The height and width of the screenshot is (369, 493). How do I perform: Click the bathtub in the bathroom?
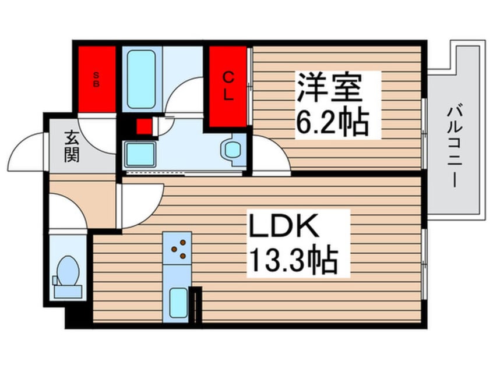pos(142,79)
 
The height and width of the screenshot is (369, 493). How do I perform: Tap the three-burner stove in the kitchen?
pos(178,248)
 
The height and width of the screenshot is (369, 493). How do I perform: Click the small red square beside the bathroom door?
pos(143,126)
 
